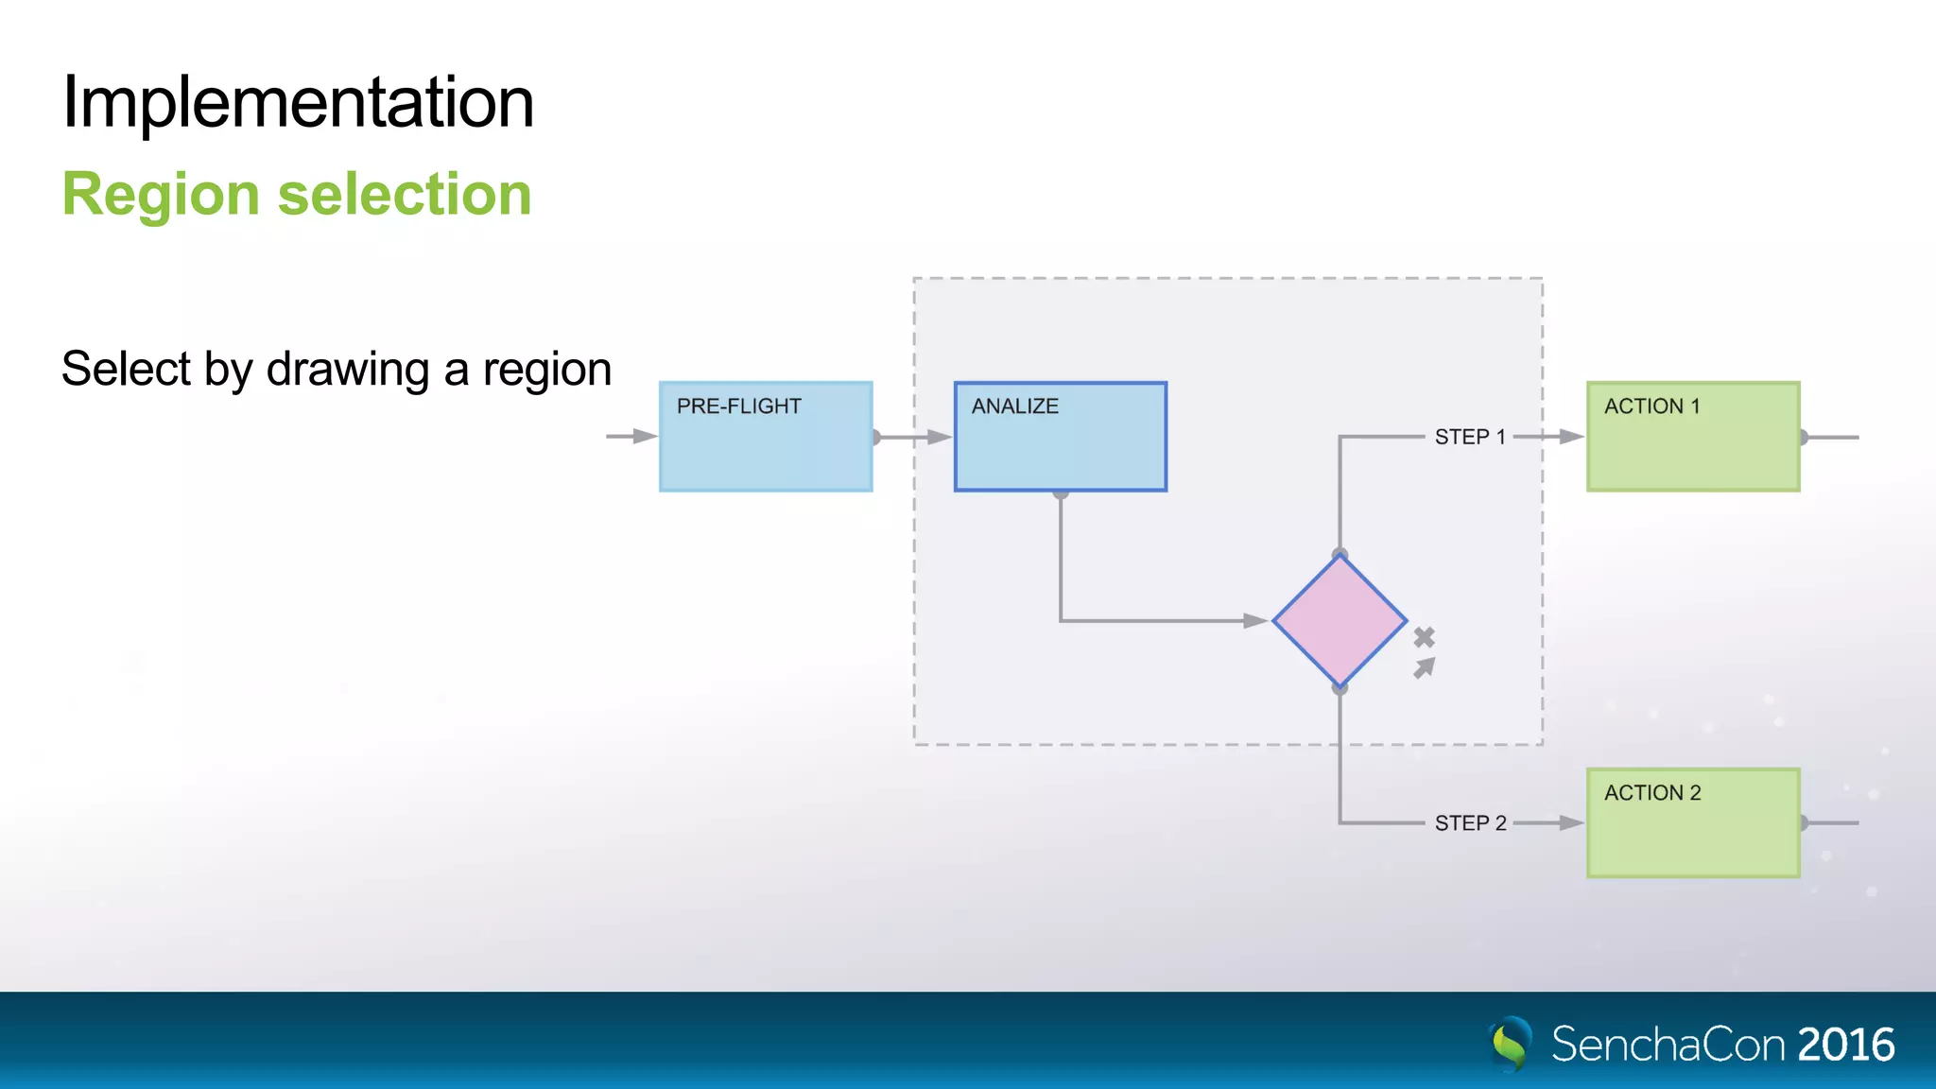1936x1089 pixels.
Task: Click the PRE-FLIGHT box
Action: [x=766, y=437]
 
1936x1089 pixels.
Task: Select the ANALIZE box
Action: [x=1061, y=437]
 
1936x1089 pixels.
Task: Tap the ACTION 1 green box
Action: [x=1693, y=437]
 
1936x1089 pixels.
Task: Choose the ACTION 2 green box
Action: [x=1693, y=823]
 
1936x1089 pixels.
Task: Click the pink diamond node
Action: [x=1340, y=621]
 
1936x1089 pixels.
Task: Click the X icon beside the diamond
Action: [x=1425, y=638]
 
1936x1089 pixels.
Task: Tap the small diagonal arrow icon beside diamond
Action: [x=1425, y=668]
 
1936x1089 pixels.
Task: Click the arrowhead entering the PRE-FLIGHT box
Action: [x=646, y=437]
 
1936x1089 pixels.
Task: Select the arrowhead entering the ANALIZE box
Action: [x=940, y=437]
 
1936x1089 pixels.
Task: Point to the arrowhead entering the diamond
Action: [x=1255, y=621]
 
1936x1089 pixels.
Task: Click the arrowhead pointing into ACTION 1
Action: [x=1572, y=437]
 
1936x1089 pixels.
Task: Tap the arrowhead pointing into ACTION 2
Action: [x=1572, y=823]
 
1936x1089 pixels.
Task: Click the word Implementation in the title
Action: [x=298, y=102]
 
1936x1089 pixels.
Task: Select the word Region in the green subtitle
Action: [x=160, y=195]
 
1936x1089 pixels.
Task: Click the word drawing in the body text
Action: [x=348, y=370]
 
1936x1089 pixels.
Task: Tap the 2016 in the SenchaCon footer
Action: [x=1845, y=1045]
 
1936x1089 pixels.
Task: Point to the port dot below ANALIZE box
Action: [x=1061, y=493]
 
